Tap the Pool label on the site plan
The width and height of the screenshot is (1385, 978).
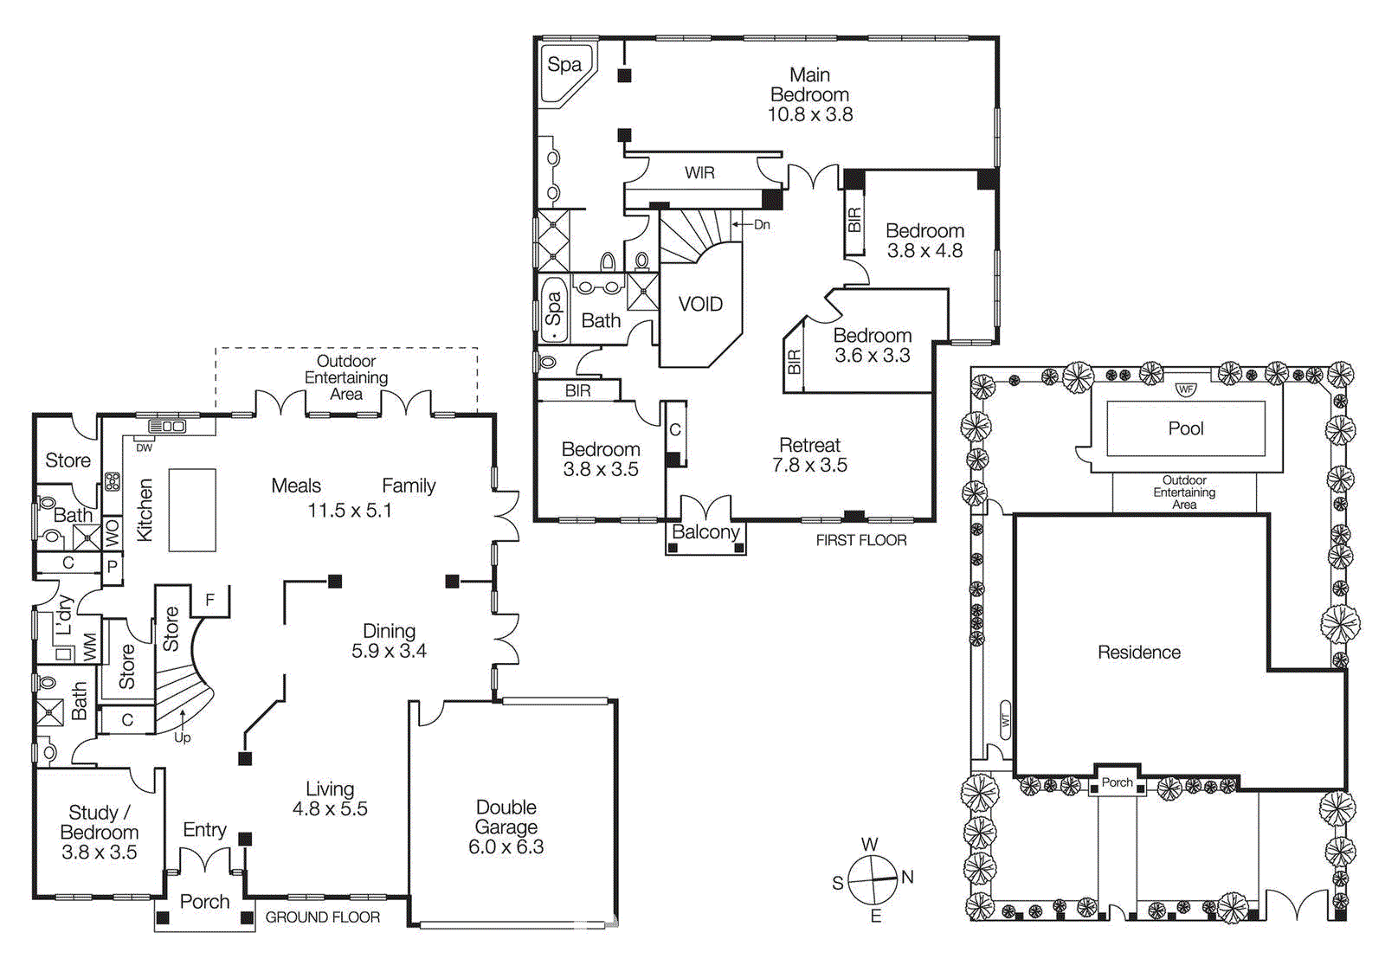pos(1185,428)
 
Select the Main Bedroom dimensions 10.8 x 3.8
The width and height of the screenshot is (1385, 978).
pos(810,114)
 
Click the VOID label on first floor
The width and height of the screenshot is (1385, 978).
pos(700,305)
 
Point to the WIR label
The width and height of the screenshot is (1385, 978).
pos(699,173)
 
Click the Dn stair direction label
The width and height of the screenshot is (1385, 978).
pos(761,224)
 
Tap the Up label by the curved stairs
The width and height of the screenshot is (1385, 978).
pos(182,737)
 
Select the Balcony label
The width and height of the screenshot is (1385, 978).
pos(705,532)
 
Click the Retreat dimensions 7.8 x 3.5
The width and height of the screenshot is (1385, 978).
pos(809,466)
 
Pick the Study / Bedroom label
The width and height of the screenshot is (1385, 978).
pos(99,822)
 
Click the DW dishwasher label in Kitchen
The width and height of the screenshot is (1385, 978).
pos(144,447)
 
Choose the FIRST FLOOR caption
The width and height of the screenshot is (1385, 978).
pos(860,540)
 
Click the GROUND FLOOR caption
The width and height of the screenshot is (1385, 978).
pos(322,917)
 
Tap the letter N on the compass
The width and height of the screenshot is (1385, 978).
pos(907,877)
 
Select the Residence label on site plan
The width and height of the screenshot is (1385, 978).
pos(1138,653)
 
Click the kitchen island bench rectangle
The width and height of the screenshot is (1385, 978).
pos(191,510)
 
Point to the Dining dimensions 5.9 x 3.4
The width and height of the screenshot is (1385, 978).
pos(389,651)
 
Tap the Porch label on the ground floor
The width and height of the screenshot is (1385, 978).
pos(204,902)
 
